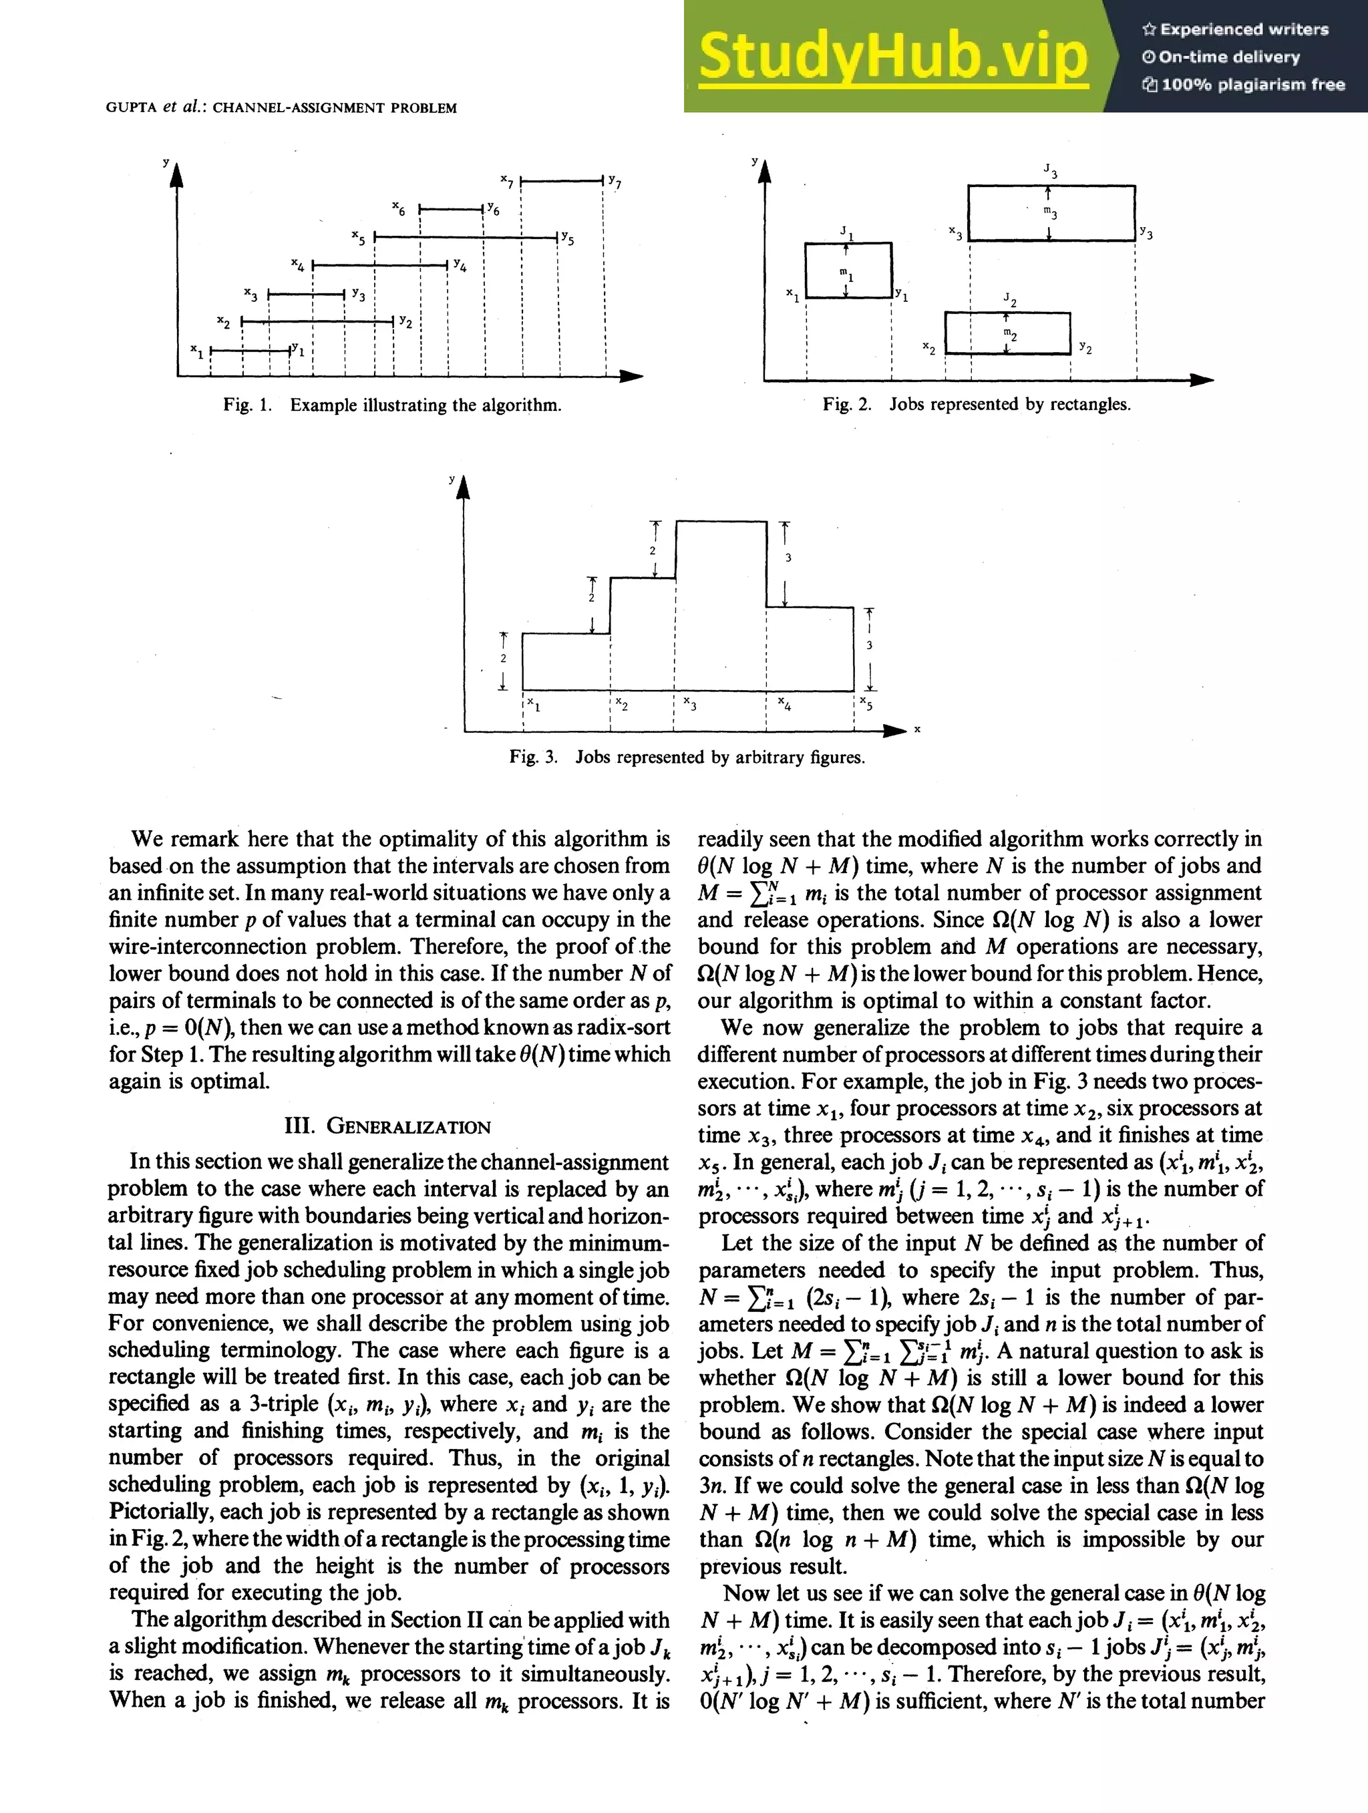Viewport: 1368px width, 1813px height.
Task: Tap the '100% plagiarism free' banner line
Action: point(1243,84)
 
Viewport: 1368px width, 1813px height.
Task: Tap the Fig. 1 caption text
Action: point(392,405)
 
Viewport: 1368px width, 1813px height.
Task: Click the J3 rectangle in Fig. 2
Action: point(1051,213)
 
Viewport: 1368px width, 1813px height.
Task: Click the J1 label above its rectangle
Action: point(847,232)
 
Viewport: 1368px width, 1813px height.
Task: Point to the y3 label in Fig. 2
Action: point(1146,234)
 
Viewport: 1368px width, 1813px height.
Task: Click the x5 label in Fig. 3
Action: point(866,705)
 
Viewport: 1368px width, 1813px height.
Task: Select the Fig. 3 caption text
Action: point(686,756)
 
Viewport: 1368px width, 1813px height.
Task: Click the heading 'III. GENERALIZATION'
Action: point(387,1126)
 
